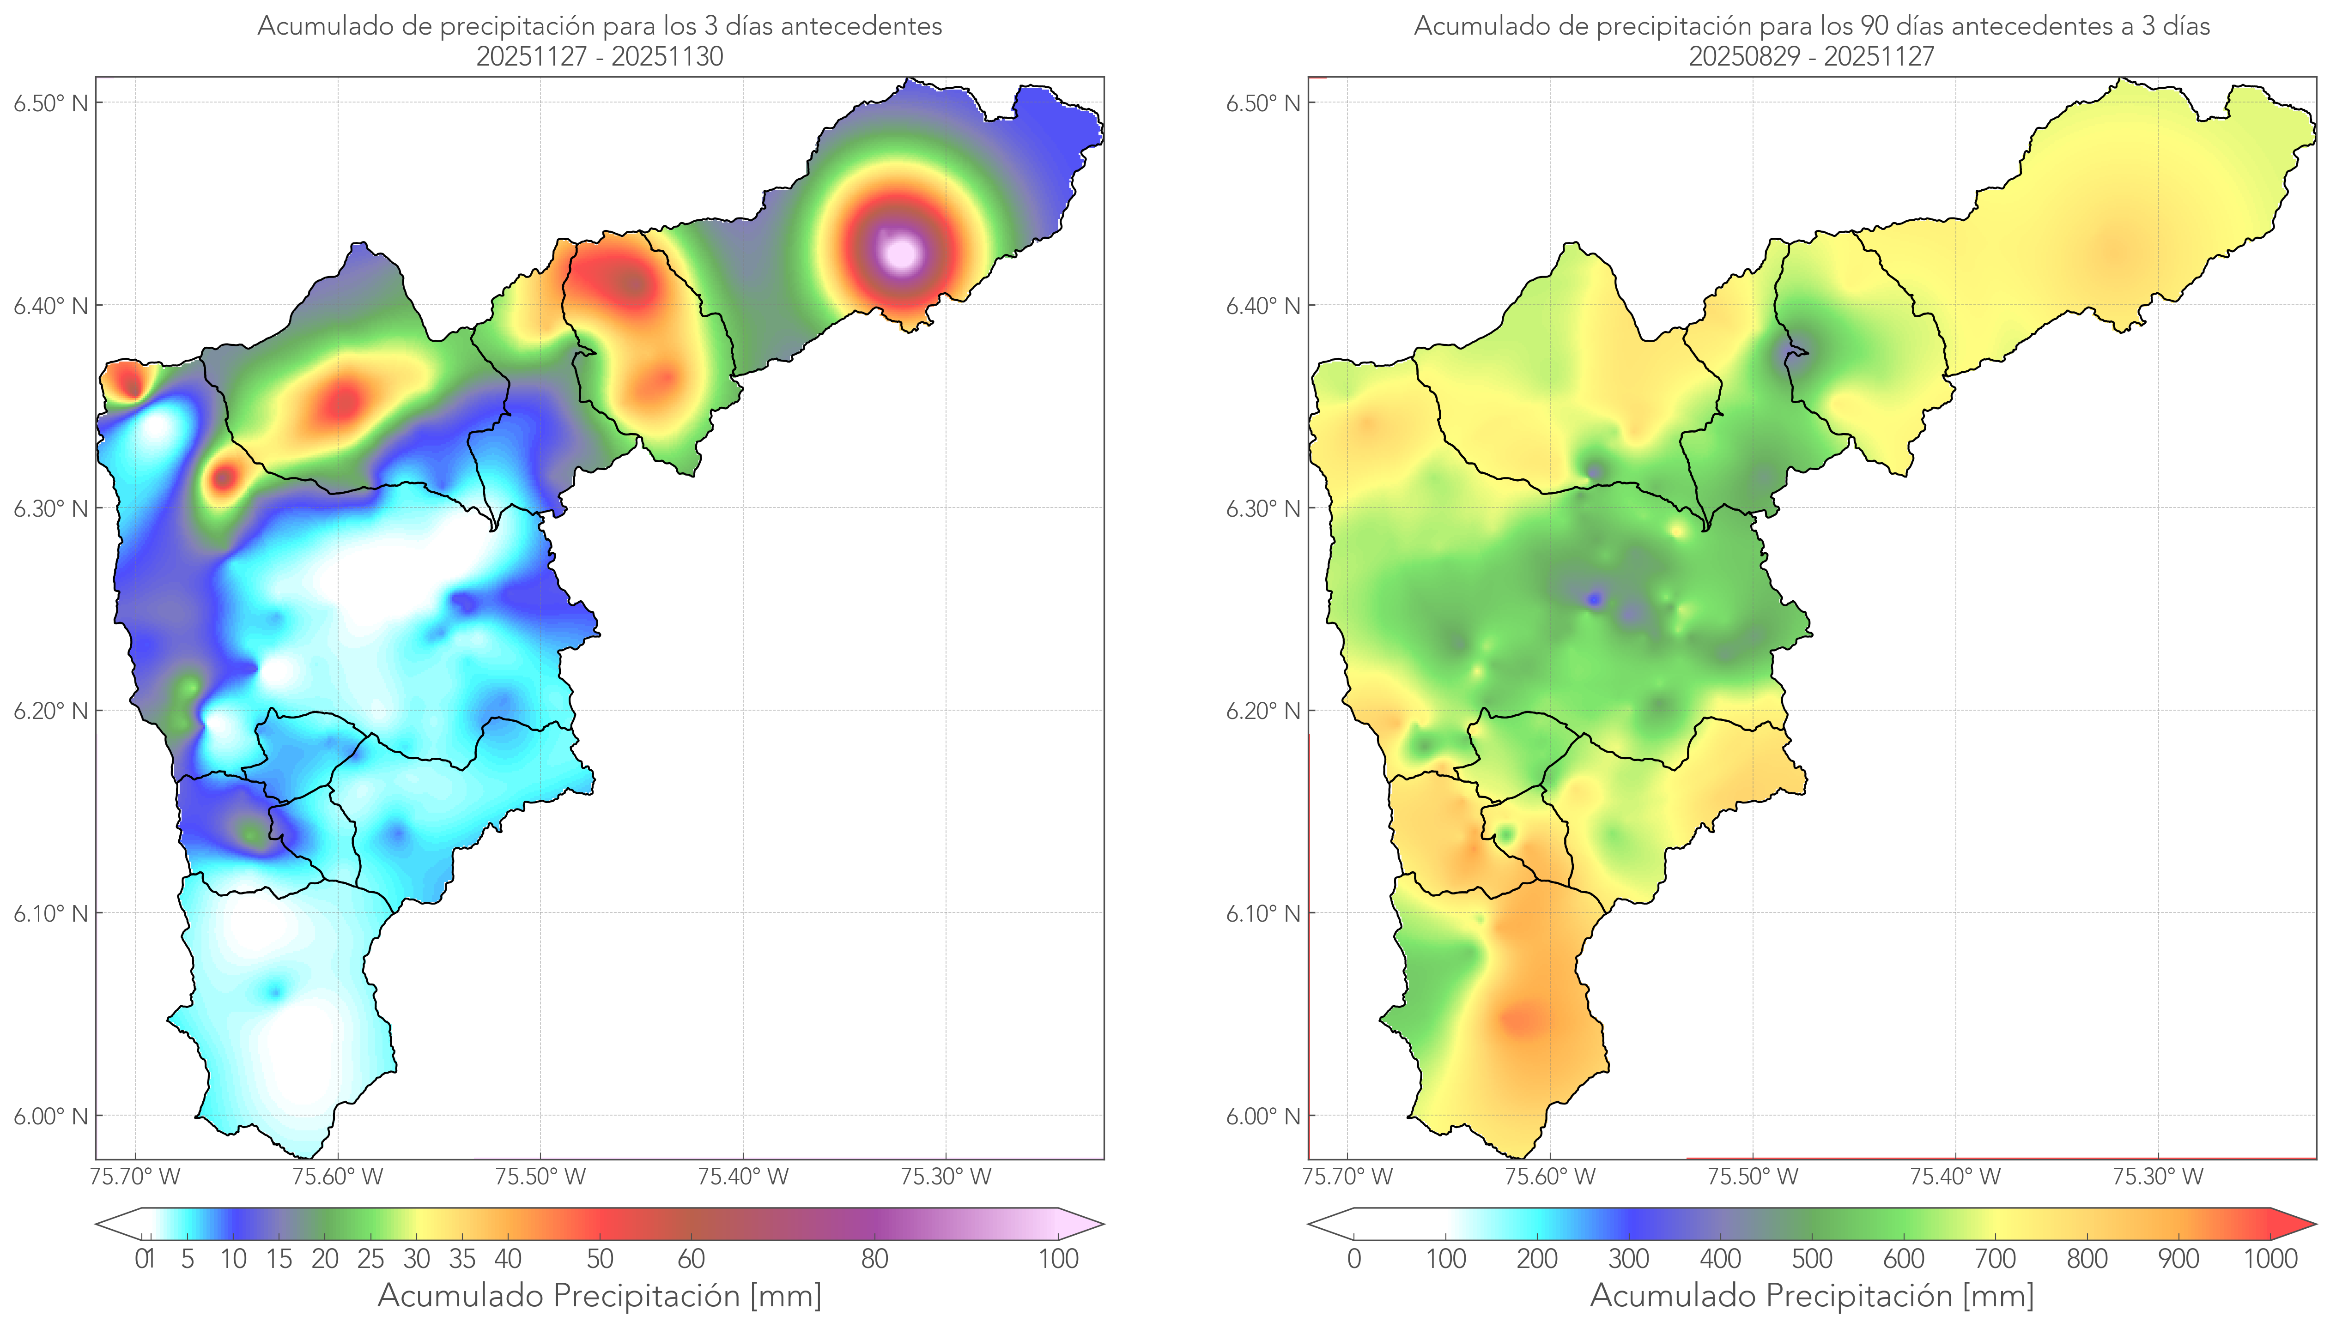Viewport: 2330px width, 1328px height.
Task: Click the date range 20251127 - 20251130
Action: click(x=600, y=56)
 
